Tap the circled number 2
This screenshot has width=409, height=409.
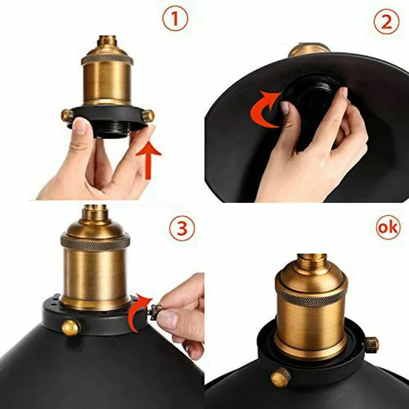(x=386, y=22)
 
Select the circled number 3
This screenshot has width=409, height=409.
(x=182, y=228)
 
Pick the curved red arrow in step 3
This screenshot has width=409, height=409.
(x=139, y=313)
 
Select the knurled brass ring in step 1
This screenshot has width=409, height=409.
(x=107, y=59)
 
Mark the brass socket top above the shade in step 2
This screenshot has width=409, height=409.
(x=309, y=49)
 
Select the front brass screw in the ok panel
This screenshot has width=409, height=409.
(x=280, y=377)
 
